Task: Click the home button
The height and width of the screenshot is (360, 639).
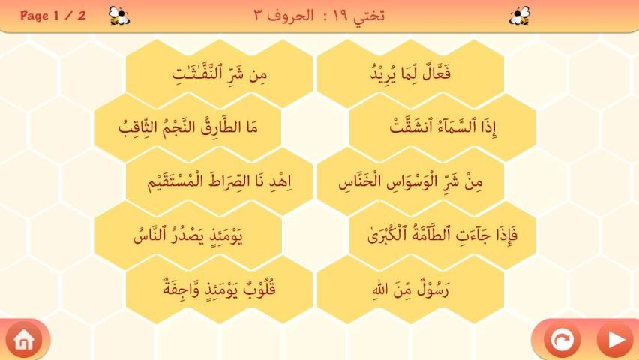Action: (24, 340)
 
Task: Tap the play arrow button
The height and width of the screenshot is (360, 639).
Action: (615, 340)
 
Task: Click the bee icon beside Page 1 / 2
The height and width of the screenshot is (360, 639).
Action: (119, 16)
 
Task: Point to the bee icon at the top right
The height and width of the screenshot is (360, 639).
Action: (520, 16)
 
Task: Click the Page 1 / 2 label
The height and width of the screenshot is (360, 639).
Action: (53, 16)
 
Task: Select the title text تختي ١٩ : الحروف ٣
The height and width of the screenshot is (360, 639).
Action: (319, 16)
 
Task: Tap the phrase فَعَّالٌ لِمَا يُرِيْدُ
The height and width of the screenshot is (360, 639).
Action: (410, 73)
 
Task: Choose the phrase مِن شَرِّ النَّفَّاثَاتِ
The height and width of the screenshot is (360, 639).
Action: (219, 73)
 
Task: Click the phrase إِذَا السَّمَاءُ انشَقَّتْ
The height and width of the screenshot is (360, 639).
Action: (442, 127)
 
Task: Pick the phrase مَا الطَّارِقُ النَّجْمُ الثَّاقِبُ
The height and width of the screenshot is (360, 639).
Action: (187, 127)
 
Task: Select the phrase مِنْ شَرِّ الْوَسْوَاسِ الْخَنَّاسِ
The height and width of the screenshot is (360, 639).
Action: (410, 181)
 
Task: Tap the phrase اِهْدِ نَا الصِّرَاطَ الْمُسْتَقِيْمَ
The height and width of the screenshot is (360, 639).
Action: (220, 181)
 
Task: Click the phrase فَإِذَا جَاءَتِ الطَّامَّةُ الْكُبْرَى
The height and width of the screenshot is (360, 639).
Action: (442, 235)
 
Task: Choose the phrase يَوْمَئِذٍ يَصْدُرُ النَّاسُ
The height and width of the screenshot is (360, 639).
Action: (187, 235)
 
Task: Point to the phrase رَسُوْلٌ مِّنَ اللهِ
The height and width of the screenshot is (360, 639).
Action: (410, 289)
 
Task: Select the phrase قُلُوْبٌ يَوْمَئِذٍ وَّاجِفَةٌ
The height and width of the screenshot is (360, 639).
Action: (219, 288)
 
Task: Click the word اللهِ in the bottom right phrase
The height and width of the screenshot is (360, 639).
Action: (379, 290)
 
